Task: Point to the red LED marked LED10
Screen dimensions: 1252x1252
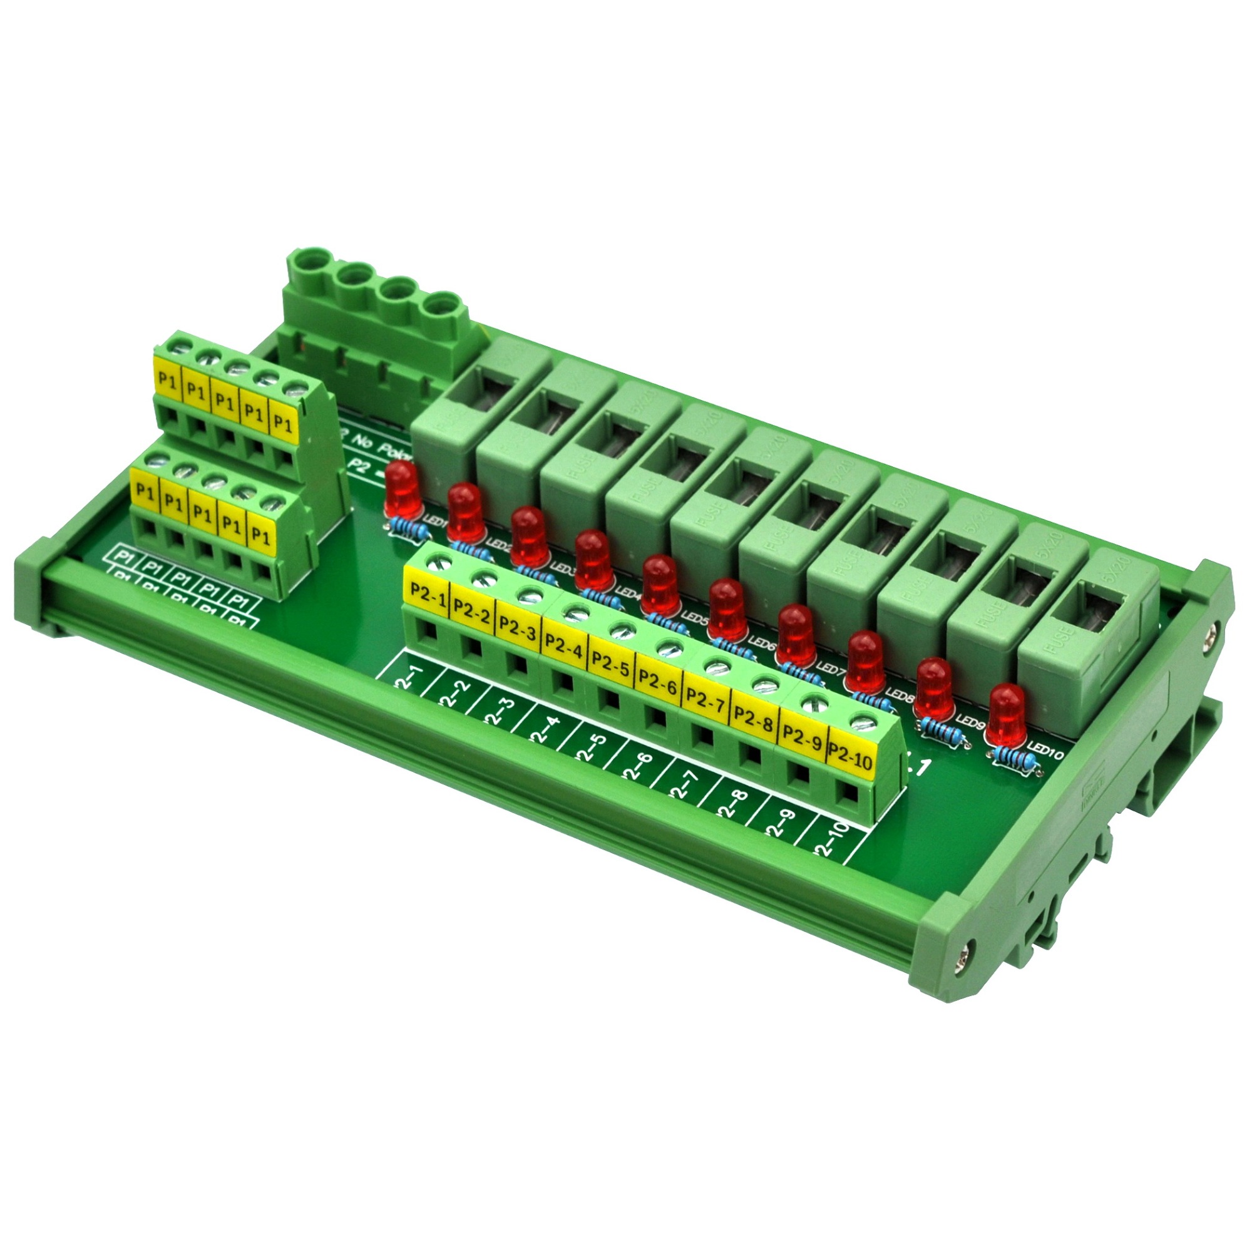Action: coord(1007,714)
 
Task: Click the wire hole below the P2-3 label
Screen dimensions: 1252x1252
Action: coord(516,662)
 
